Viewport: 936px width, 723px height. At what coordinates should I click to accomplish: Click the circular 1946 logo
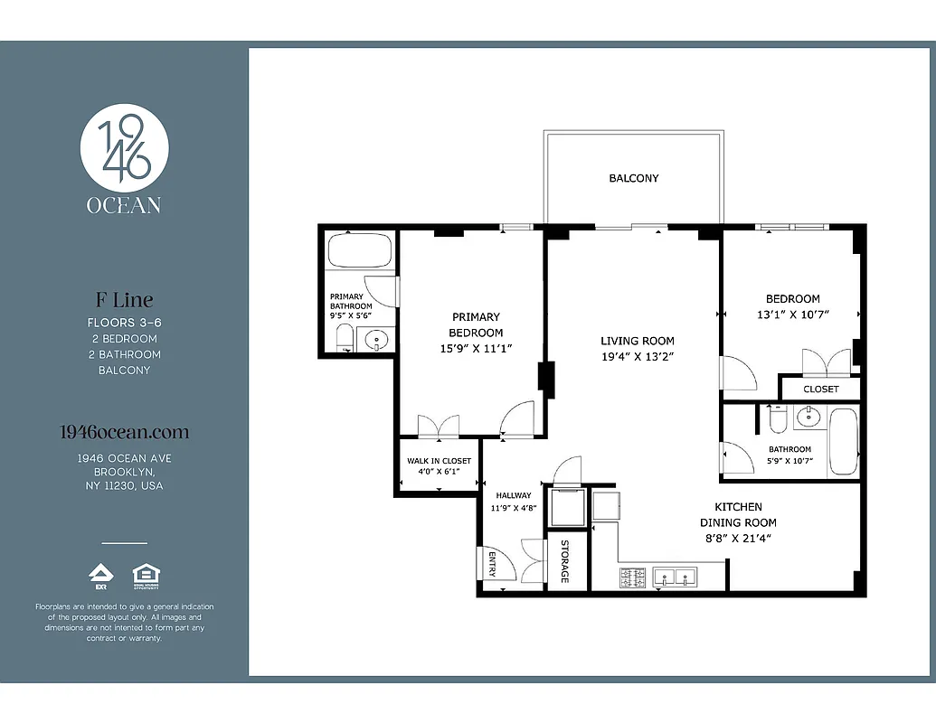tap(124, 147)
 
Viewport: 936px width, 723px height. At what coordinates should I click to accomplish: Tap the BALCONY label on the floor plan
tap(633, 178)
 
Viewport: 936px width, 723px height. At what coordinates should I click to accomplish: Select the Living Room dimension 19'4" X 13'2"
tap(638, 357)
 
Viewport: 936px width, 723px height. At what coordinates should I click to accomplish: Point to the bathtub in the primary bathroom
tap(359, 250)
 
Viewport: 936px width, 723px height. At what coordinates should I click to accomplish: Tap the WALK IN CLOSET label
tap(439, 461)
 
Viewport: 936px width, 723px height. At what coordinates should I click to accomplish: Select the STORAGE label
tap(564, 561)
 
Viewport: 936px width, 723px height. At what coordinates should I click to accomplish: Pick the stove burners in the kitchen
tap(632, 577)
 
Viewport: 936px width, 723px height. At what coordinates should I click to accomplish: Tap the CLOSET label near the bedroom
tap(820, 389)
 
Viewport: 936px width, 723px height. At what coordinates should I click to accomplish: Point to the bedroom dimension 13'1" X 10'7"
tap(792, 315)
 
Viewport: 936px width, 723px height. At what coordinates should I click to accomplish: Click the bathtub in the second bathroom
tap(843, 441)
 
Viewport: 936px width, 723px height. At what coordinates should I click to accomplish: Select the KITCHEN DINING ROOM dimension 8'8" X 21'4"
tap(738, 538)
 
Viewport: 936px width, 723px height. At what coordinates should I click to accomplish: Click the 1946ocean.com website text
tap(124, 433)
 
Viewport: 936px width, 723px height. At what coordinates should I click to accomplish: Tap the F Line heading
tap(124, 299)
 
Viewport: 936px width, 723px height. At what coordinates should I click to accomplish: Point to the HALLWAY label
tap(514, 495)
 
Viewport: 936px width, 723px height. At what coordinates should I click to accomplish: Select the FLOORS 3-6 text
tap(124, 322)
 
